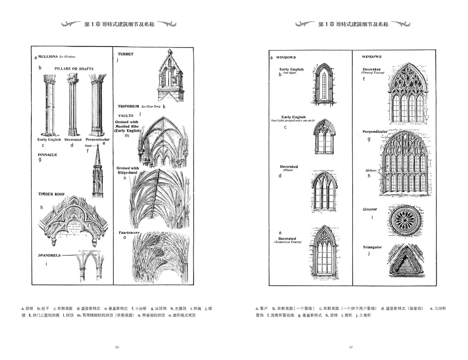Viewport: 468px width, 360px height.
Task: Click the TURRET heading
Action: coord(125,54)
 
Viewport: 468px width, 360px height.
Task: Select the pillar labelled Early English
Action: coord(49,105)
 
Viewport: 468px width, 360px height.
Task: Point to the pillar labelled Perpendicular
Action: coord(97,105)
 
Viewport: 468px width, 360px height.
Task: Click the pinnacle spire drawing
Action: coord(98,173)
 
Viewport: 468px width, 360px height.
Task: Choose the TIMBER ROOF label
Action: coord(51,194)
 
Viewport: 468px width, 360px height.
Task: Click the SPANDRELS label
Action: coord(49,255)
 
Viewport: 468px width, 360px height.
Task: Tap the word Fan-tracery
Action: coord(129,233)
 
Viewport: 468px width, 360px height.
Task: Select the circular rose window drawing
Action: coord(406,220)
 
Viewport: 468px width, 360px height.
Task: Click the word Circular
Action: coord(370,209)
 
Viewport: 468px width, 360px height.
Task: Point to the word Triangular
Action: coord(372,247)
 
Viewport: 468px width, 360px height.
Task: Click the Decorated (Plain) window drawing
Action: coord(324,191)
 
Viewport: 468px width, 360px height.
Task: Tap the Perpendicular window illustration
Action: coord(406,163)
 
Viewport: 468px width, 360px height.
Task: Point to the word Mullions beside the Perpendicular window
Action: coord(370,170)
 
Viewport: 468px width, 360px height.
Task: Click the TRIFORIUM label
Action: coord(128,106)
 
